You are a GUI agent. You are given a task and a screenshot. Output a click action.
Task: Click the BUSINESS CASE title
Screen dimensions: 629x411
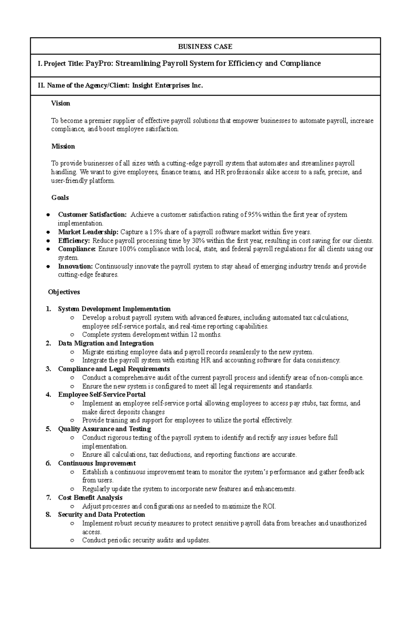205,47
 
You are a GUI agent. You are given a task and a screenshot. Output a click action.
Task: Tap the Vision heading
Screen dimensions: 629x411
61,103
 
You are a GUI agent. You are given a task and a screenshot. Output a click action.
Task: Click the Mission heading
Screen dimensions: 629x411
63,146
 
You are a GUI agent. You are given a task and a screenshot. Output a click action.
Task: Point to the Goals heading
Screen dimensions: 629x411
60,198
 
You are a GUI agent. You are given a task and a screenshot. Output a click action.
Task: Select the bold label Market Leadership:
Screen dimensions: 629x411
88,232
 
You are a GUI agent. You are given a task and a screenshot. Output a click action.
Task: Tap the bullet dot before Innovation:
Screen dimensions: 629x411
49,266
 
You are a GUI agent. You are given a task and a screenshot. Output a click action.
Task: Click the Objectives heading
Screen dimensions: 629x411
64,292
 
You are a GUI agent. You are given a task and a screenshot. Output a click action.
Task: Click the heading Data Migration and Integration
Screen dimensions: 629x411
106,343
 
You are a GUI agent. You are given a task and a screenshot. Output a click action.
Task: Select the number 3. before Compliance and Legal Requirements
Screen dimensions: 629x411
48,369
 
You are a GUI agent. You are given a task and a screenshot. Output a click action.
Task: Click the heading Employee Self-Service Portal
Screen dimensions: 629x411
102,395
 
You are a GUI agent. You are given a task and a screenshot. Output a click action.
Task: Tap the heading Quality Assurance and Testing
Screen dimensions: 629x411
104,429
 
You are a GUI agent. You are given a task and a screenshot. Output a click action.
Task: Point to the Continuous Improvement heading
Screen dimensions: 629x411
97,463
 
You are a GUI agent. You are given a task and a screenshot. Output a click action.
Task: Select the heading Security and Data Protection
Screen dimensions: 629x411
101,515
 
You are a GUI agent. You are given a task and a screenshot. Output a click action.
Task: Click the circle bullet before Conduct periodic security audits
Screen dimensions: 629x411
72,541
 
